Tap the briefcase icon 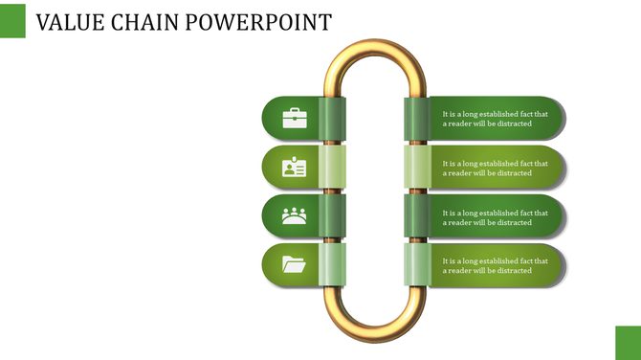[x=295, y=118]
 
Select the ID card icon [x=295, y=168]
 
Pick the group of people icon [x=295, y=216]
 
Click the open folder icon [x=295, y=264]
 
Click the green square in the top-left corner [x=12, y=19]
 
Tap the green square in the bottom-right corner [x=628, y=342]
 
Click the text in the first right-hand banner [x=495, y=119]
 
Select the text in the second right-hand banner [x=495, y=169]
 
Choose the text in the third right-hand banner [x=495, y=217]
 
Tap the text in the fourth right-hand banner [x=495, y=265]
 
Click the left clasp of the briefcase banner [x=332, y=118]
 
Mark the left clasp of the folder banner [x=332, y=265]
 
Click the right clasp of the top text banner [x=416, y=118]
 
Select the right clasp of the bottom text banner [x=416, y=265]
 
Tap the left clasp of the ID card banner [x=332, y=168]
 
